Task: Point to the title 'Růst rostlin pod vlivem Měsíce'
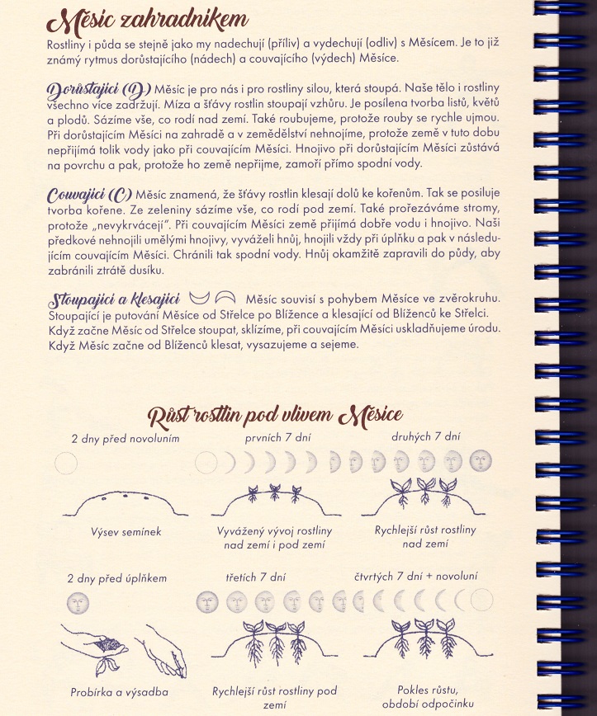[274, 413]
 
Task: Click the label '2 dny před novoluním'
[126, 438]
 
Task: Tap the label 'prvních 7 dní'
[277, 438]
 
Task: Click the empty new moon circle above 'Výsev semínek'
[66, 464]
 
